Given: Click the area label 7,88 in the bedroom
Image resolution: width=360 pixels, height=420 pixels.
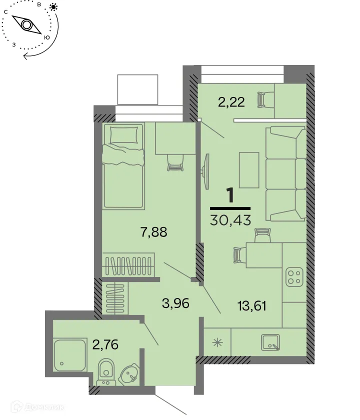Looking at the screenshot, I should coord(153,232).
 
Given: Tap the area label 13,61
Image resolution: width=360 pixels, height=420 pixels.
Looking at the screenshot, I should coord(250,305).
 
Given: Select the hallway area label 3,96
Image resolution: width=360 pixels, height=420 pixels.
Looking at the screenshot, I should coord(175,303).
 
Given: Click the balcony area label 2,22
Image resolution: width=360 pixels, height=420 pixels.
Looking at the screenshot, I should coord(230,102).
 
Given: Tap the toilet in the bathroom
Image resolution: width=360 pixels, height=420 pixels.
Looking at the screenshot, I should coord(105,370).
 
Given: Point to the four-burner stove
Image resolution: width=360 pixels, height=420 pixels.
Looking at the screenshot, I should coord(293,278).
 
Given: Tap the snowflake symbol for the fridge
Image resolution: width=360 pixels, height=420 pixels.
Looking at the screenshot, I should coord(217,343).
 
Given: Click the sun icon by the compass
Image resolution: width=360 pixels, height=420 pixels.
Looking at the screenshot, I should coord(53,7).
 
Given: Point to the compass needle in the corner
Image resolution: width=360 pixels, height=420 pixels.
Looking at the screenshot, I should coord(26,24).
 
